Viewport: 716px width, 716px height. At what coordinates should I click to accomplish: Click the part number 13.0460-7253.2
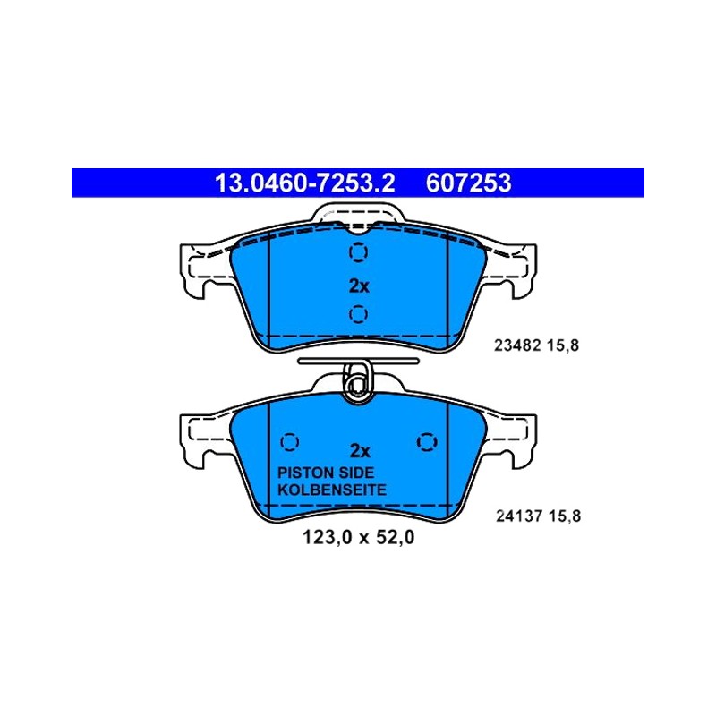304,183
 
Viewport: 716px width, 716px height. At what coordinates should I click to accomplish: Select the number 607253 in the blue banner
468,183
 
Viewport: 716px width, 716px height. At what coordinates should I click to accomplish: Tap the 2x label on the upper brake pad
359,286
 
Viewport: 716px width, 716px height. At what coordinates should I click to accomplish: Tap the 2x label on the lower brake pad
360,451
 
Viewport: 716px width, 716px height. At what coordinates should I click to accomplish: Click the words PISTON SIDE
326,473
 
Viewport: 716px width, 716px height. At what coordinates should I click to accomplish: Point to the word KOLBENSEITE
332,490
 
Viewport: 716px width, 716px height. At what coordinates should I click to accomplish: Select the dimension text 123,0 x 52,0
359,538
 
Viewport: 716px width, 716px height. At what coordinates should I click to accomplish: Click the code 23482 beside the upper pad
517,345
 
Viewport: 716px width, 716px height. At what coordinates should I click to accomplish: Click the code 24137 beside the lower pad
519,516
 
